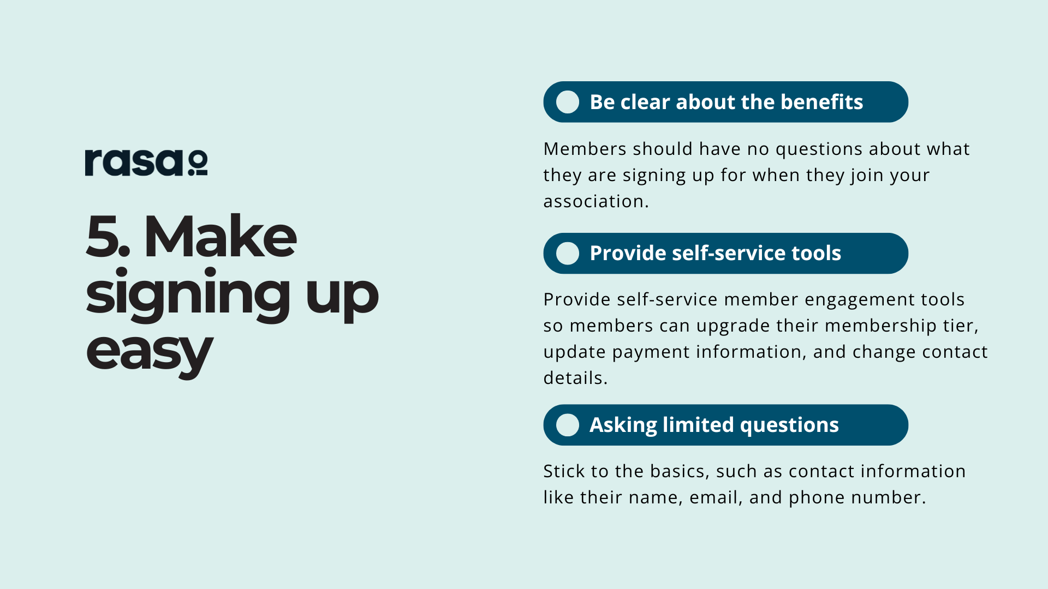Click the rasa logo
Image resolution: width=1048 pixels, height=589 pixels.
tap(146, 163)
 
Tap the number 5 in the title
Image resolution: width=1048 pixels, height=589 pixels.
tap(107, 236)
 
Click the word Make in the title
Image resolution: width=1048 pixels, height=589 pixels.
tap(220, 236)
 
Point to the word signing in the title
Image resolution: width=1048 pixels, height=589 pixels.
tap(188, 294)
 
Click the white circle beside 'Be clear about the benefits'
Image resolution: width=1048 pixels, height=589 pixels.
tap(568, 102)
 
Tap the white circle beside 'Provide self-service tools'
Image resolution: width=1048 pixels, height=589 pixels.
tap(568, 254)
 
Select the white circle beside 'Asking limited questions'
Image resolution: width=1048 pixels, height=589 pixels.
tap(568, 425)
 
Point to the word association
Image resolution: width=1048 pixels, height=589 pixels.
tap(596, 201)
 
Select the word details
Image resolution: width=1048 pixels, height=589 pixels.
tap(575, 378)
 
